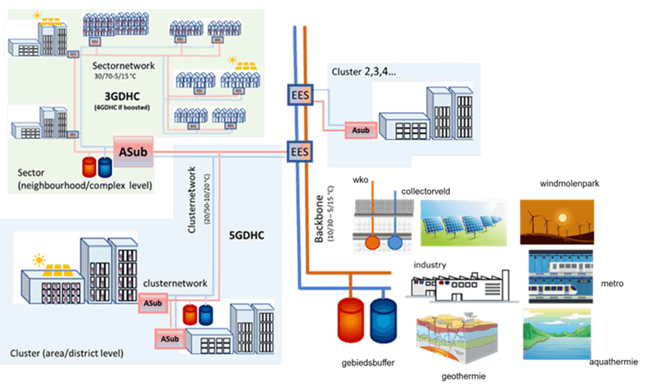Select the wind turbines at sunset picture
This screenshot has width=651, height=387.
tap(557, 221)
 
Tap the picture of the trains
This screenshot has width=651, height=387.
tap(560, 275)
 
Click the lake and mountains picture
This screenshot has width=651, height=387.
tap(557, 333)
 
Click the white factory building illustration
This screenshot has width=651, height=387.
tap(455, 286)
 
